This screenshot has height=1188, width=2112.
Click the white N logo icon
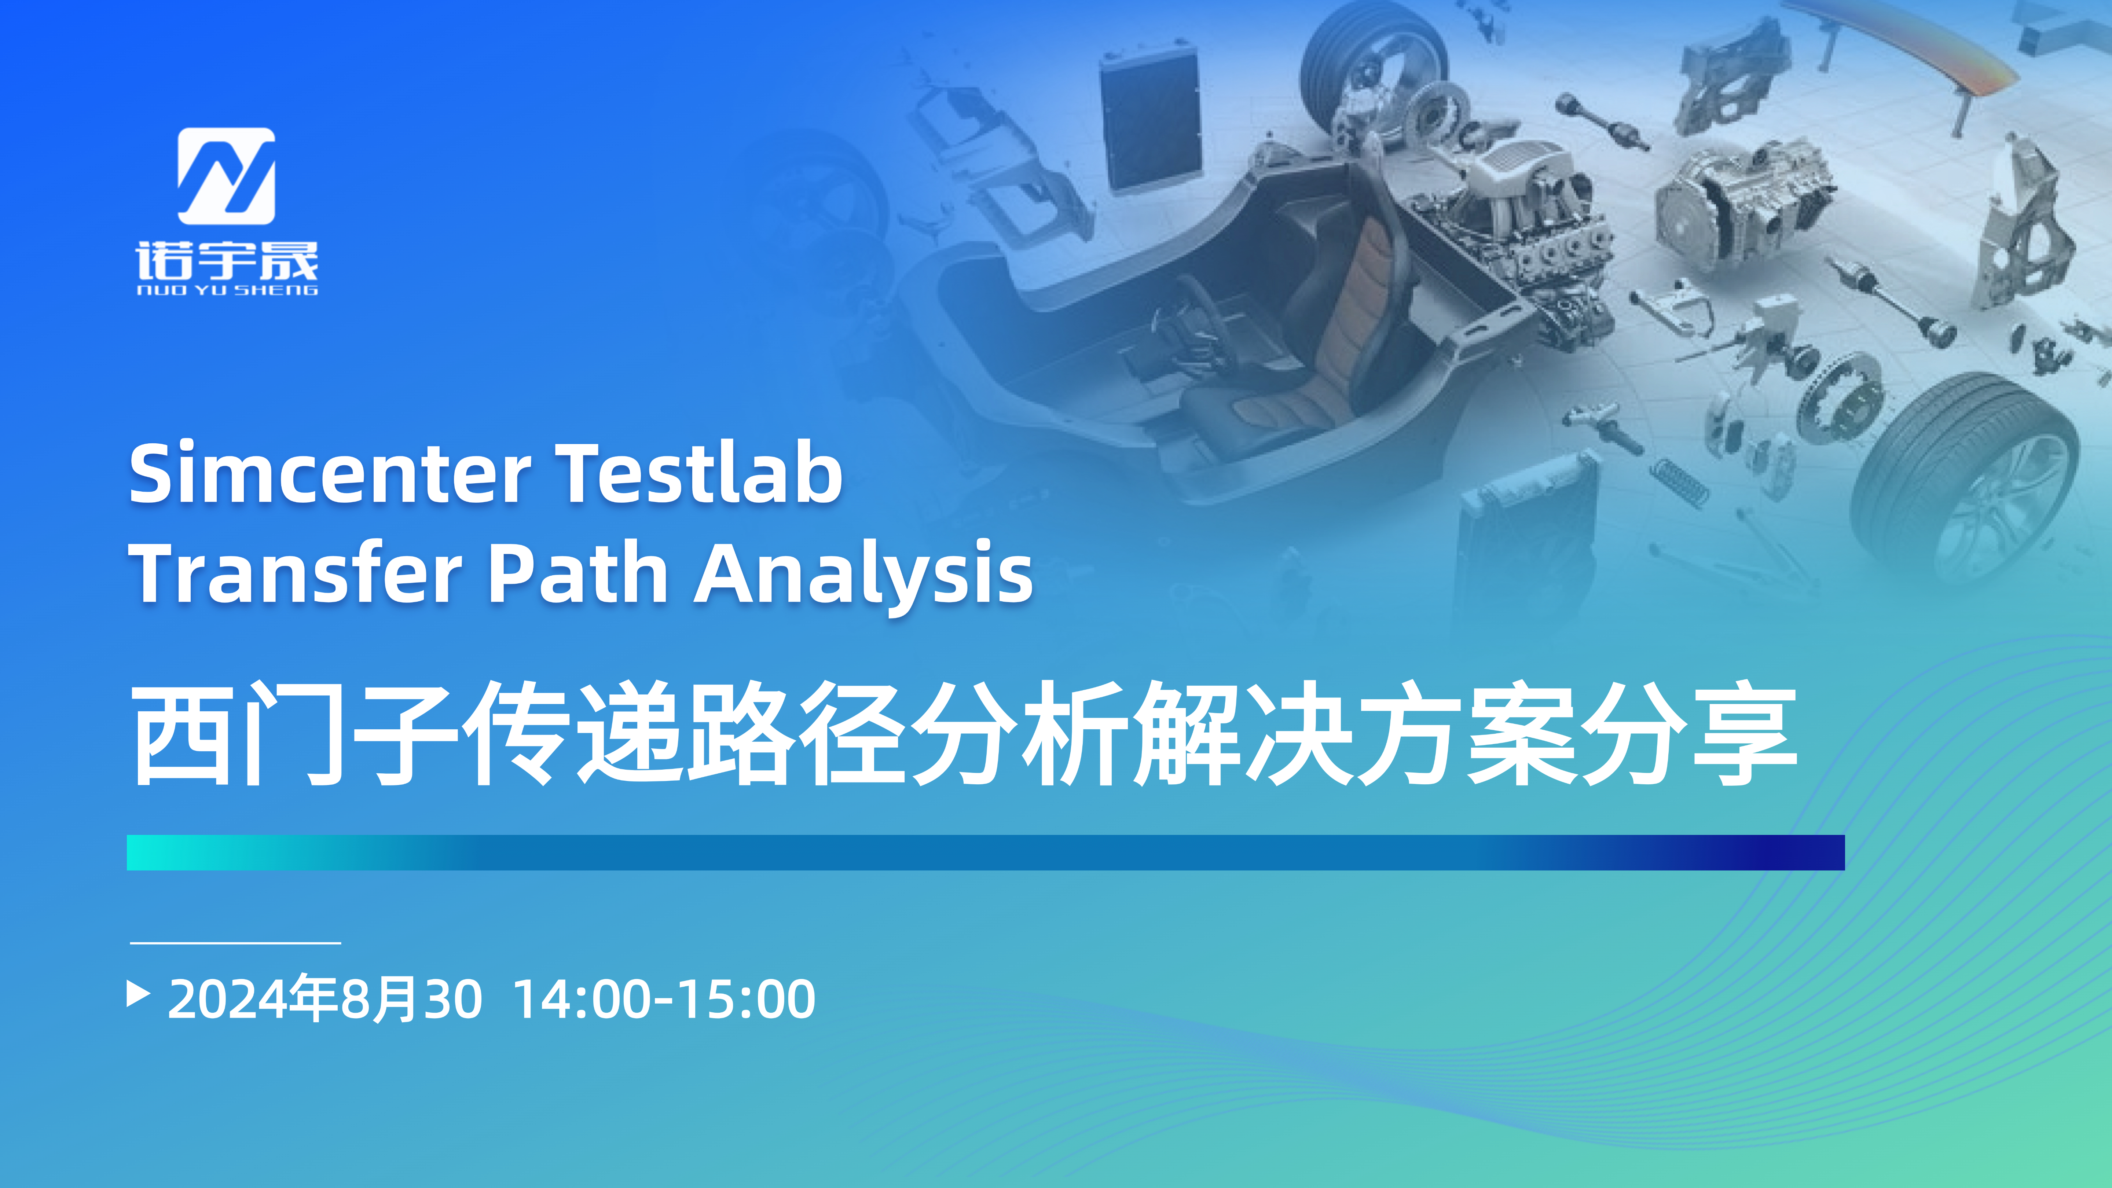(226, 176)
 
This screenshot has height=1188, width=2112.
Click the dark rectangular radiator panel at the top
(1150, 119)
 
